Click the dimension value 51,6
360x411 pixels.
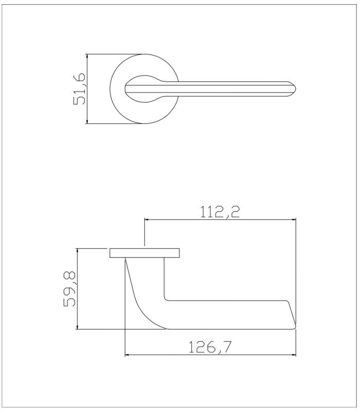click(79, 88)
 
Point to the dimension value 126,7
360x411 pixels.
click(209, 347)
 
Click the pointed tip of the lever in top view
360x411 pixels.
click(294, 88)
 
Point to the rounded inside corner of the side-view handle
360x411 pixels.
click(166, 298)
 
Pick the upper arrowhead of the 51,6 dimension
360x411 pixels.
click(88, 55)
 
